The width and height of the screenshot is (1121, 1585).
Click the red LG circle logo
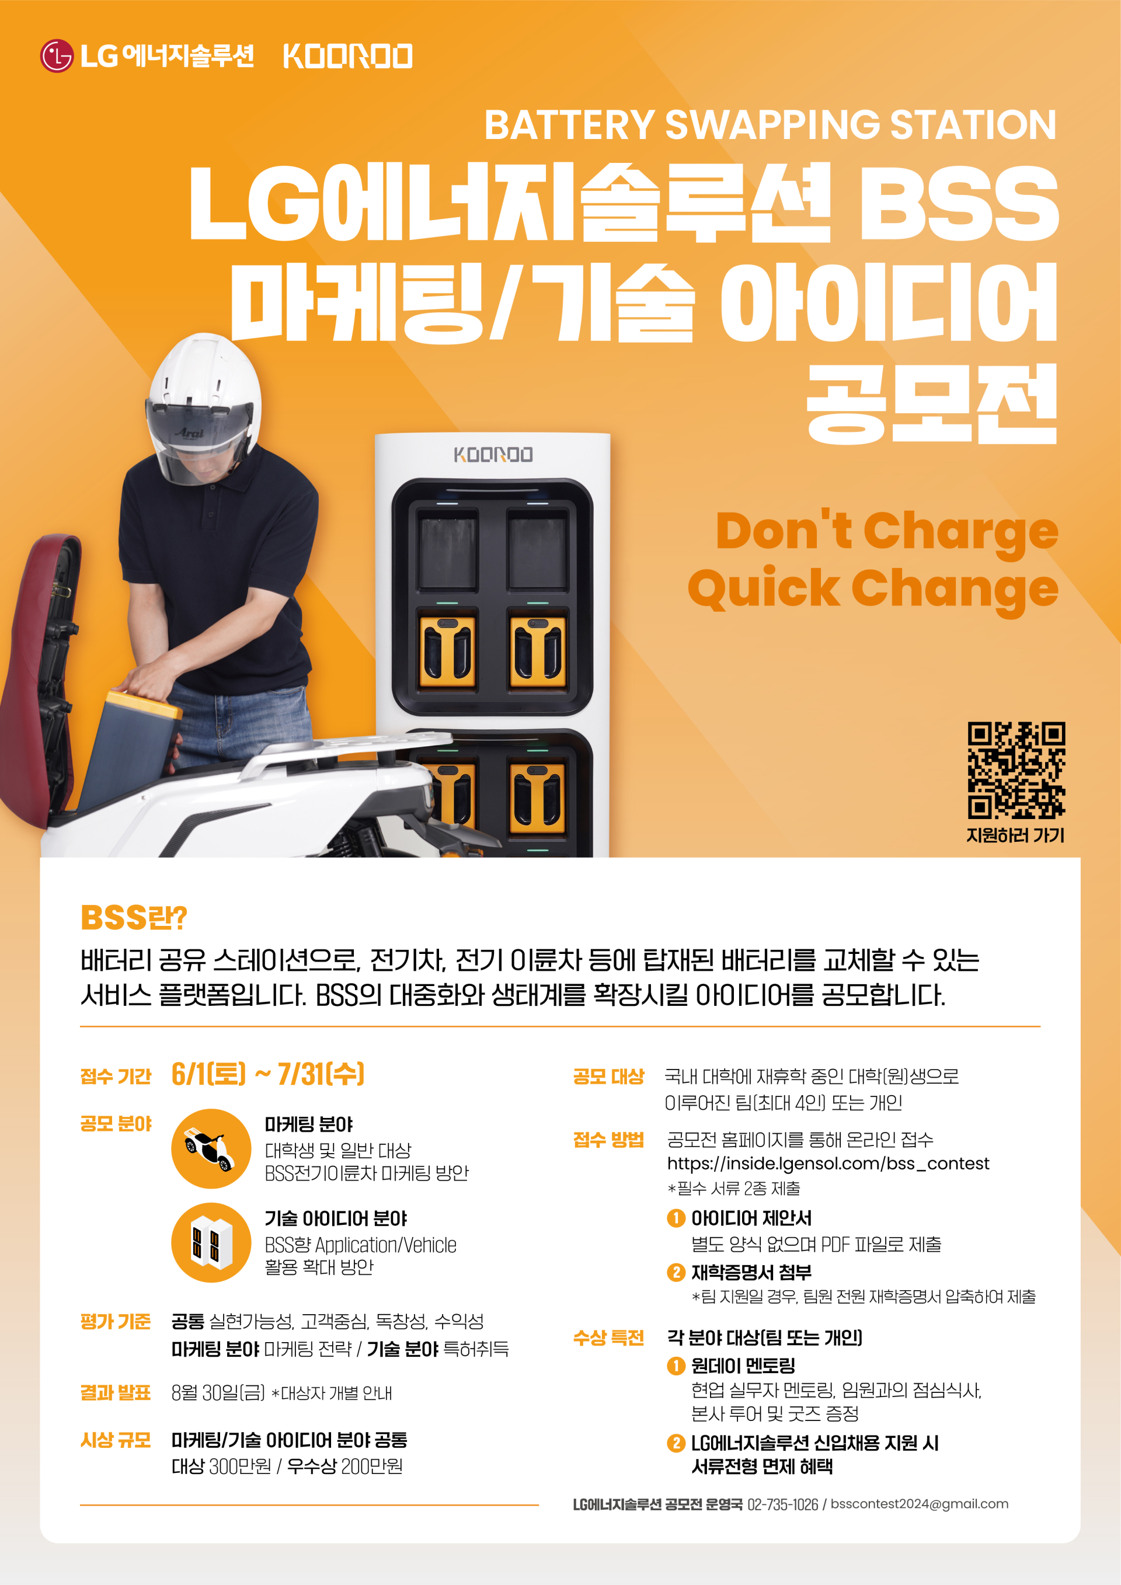tap(57, 56)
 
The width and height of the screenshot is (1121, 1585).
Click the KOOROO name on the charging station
tap(493, 454)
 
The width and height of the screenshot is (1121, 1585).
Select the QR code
tap(1016, 771)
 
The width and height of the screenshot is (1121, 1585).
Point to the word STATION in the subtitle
tap(973, 125)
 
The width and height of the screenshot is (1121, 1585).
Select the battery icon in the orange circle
tap(211, 1242)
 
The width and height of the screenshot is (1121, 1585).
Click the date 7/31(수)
tap(321, 1074)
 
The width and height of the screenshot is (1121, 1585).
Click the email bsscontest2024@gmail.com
tap(920, 1504)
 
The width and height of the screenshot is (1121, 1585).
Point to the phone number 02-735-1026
tap(783, 1504)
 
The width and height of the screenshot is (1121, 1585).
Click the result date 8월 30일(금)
tap(218, 1393)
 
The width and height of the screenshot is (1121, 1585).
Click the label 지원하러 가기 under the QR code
tap(1015, 835)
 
